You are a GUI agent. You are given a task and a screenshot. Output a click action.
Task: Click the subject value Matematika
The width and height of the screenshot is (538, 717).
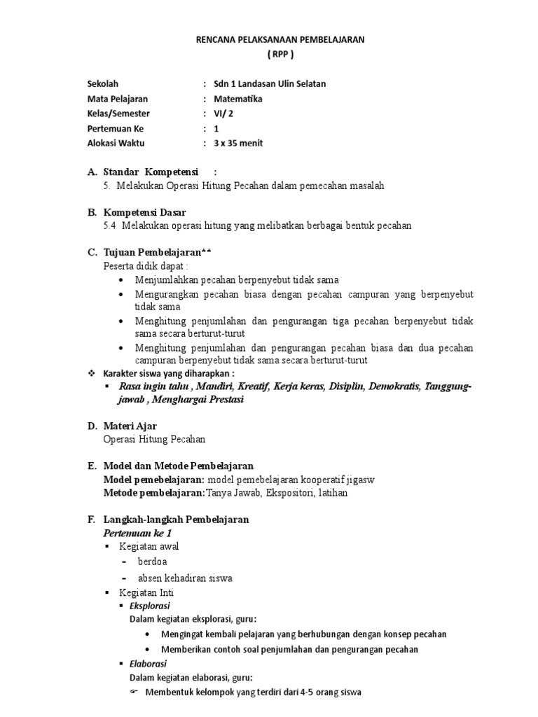point(238,99)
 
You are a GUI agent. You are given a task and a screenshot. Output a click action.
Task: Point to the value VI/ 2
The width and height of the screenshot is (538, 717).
point(224,113)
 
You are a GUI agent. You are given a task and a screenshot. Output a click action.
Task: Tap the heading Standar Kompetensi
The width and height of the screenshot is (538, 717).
point(150,172)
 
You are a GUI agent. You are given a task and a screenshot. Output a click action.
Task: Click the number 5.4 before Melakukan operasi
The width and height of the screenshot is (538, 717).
point(110,225)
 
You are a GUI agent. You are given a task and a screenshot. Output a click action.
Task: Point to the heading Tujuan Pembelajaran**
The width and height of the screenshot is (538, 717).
point(156,252)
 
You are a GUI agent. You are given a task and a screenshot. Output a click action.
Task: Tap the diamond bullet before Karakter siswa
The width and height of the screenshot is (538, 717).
point(90,374)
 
